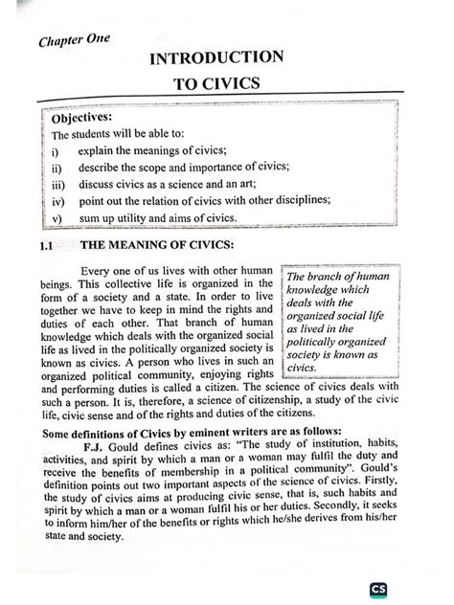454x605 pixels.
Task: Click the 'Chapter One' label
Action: click(x=75, y=41)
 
